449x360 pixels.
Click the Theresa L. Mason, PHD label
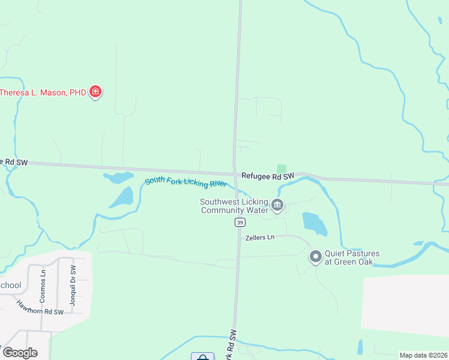(43, 92)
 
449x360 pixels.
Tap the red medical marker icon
(95, 92)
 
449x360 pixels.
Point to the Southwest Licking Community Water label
(234, 206)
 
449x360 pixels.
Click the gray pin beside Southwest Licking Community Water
(277, 206)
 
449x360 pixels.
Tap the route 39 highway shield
(239, 223)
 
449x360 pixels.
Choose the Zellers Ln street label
(259, 238)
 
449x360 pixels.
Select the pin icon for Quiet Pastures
(316, 257)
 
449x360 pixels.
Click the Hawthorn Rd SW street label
(40, 308)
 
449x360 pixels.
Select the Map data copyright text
(423, 355)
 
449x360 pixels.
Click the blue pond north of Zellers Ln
(315, 223)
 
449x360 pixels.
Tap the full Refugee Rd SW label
(268, 176)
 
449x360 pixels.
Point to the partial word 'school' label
(10, 285)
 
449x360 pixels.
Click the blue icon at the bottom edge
(203, 357)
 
